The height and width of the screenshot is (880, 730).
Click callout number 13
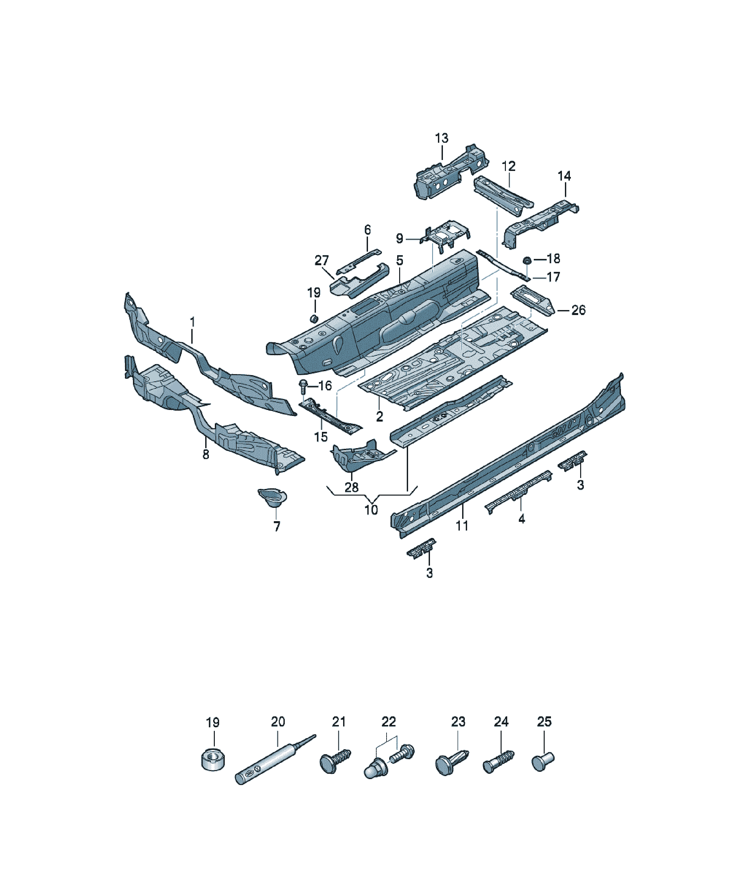coord(442,138)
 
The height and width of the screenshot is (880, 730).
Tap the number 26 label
coord(578,310)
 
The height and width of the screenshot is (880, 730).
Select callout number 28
coord(352,487)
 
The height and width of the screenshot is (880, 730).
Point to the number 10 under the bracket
coord(371,510)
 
